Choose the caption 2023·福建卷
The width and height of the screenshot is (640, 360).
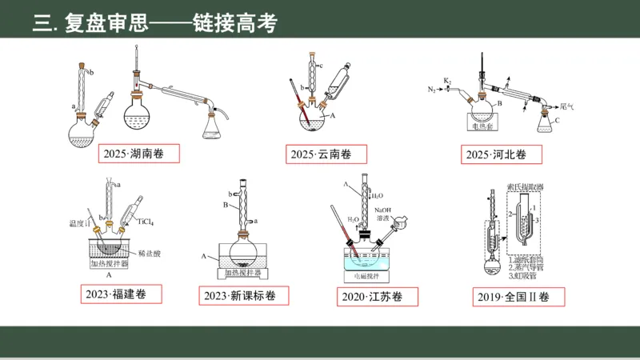pos(122,294)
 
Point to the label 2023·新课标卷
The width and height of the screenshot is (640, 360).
pos(239,295)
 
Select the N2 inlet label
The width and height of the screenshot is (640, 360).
pos(431,88)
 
